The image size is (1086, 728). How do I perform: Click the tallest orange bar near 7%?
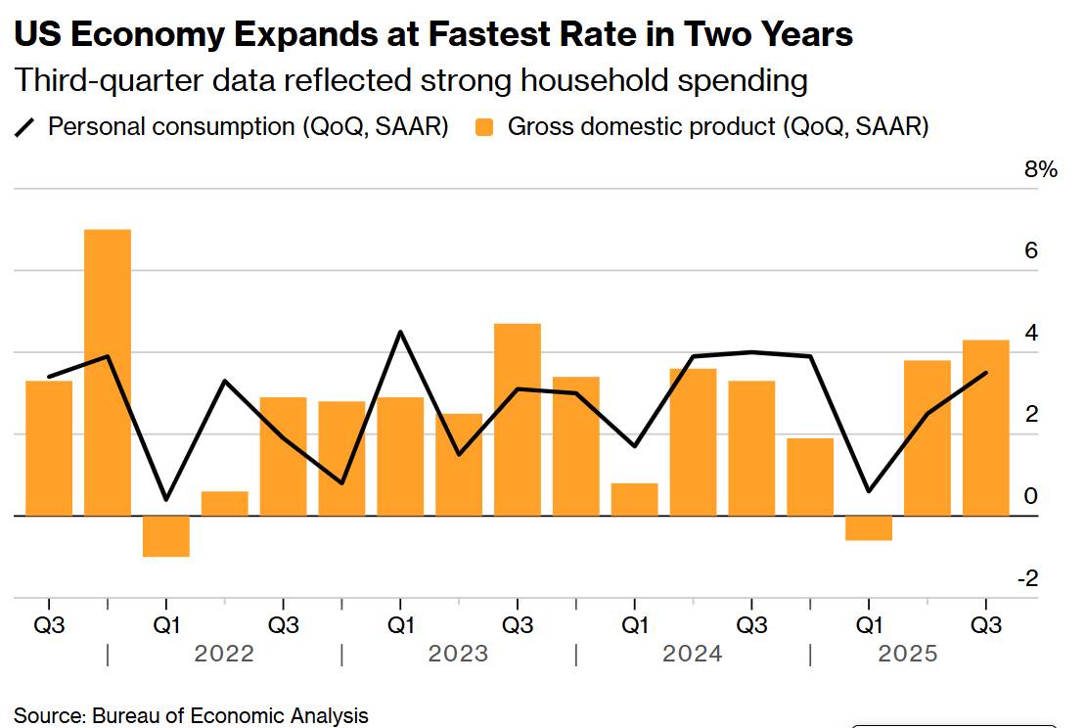[x=108, y=372]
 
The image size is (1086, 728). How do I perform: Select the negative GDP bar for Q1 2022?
[x=166, y=536]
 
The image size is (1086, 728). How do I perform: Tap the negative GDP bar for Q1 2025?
[x=869, y=527]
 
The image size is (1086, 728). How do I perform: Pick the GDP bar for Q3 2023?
[x=518, y=419]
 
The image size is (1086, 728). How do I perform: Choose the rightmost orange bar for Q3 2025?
[x=985, y=427]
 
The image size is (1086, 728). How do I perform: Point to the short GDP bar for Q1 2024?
[x=635, y=499]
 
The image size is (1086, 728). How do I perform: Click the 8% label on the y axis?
[x=1041, y=170]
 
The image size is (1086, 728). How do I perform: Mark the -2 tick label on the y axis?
[x=1027, y=579]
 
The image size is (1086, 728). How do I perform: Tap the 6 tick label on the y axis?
[x=1031, y=251]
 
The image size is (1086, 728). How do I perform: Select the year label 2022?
[x=224, y=654]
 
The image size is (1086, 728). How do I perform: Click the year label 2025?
[x=907, y=654]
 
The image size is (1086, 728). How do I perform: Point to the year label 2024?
[x=693, y=654]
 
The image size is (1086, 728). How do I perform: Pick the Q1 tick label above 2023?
[x=400, y=624]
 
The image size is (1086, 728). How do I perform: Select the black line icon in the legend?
[x=26, y=127]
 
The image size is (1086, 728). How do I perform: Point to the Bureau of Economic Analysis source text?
[x=230, y=715]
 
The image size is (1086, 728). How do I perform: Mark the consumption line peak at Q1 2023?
[x=400, y=332]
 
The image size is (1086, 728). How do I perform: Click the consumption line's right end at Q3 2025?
[x=985, y=373]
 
